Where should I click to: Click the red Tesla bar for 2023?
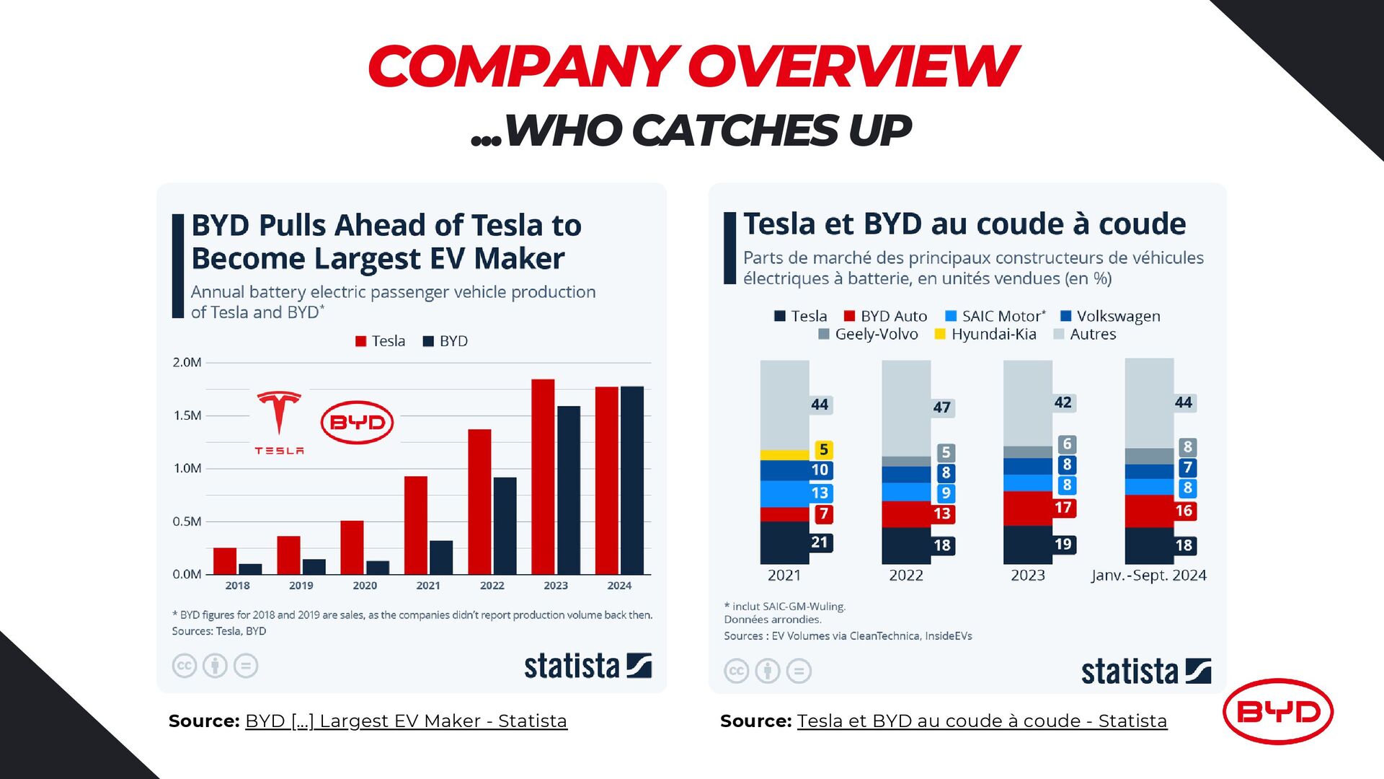pos(543,476)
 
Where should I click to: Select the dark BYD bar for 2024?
pos(632,480)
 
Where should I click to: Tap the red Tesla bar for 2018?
pos(225,561)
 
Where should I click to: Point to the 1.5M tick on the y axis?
pos(187,415)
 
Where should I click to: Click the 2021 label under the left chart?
pos(428,586)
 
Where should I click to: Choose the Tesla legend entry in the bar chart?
pos(380,341)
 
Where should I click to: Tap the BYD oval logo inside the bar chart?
pos(357,423)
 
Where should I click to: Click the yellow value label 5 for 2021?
pos(823,449)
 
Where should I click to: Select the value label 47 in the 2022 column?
pos(941,408)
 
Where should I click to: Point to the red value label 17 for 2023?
pos(1063,508)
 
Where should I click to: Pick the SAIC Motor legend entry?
pos(995,316)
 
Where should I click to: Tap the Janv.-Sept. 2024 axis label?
pos(1149,576)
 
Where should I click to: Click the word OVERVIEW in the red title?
pos(853,66)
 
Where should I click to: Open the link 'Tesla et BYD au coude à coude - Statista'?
pos(982,721)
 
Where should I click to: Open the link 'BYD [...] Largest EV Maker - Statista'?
pos(406,721)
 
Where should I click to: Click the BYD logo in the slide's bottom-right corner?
pos(1278,712)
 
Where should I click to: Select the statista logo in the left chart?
pos(587,666)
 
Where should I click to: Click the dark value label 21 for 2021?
pos(820,542)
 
